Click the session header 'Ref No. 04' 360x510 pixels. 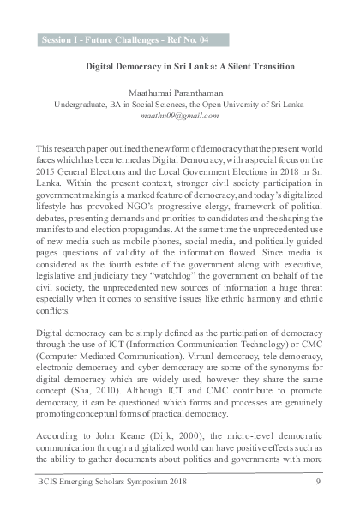pyautogui.click(x=183, y=39)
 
